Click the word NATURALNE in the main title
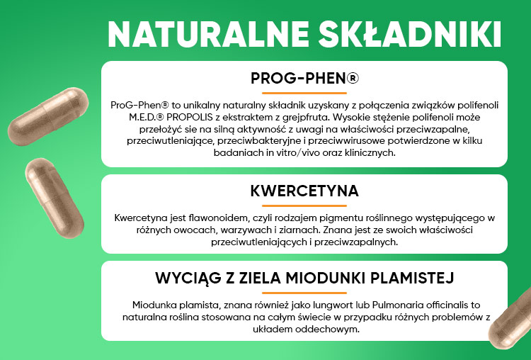coord(208,35)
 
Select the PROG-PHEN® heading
coord(304,78)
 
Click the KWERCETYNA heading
coord(304,191)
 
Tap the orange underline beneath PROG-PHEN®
coord(304,93)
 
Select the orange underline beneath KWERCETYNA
coord(304,206)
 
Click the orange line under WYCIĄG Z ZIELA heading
coord(304,293)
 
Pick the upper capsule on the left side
coord(48,116)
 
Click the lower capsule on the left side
coord(55,198)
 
